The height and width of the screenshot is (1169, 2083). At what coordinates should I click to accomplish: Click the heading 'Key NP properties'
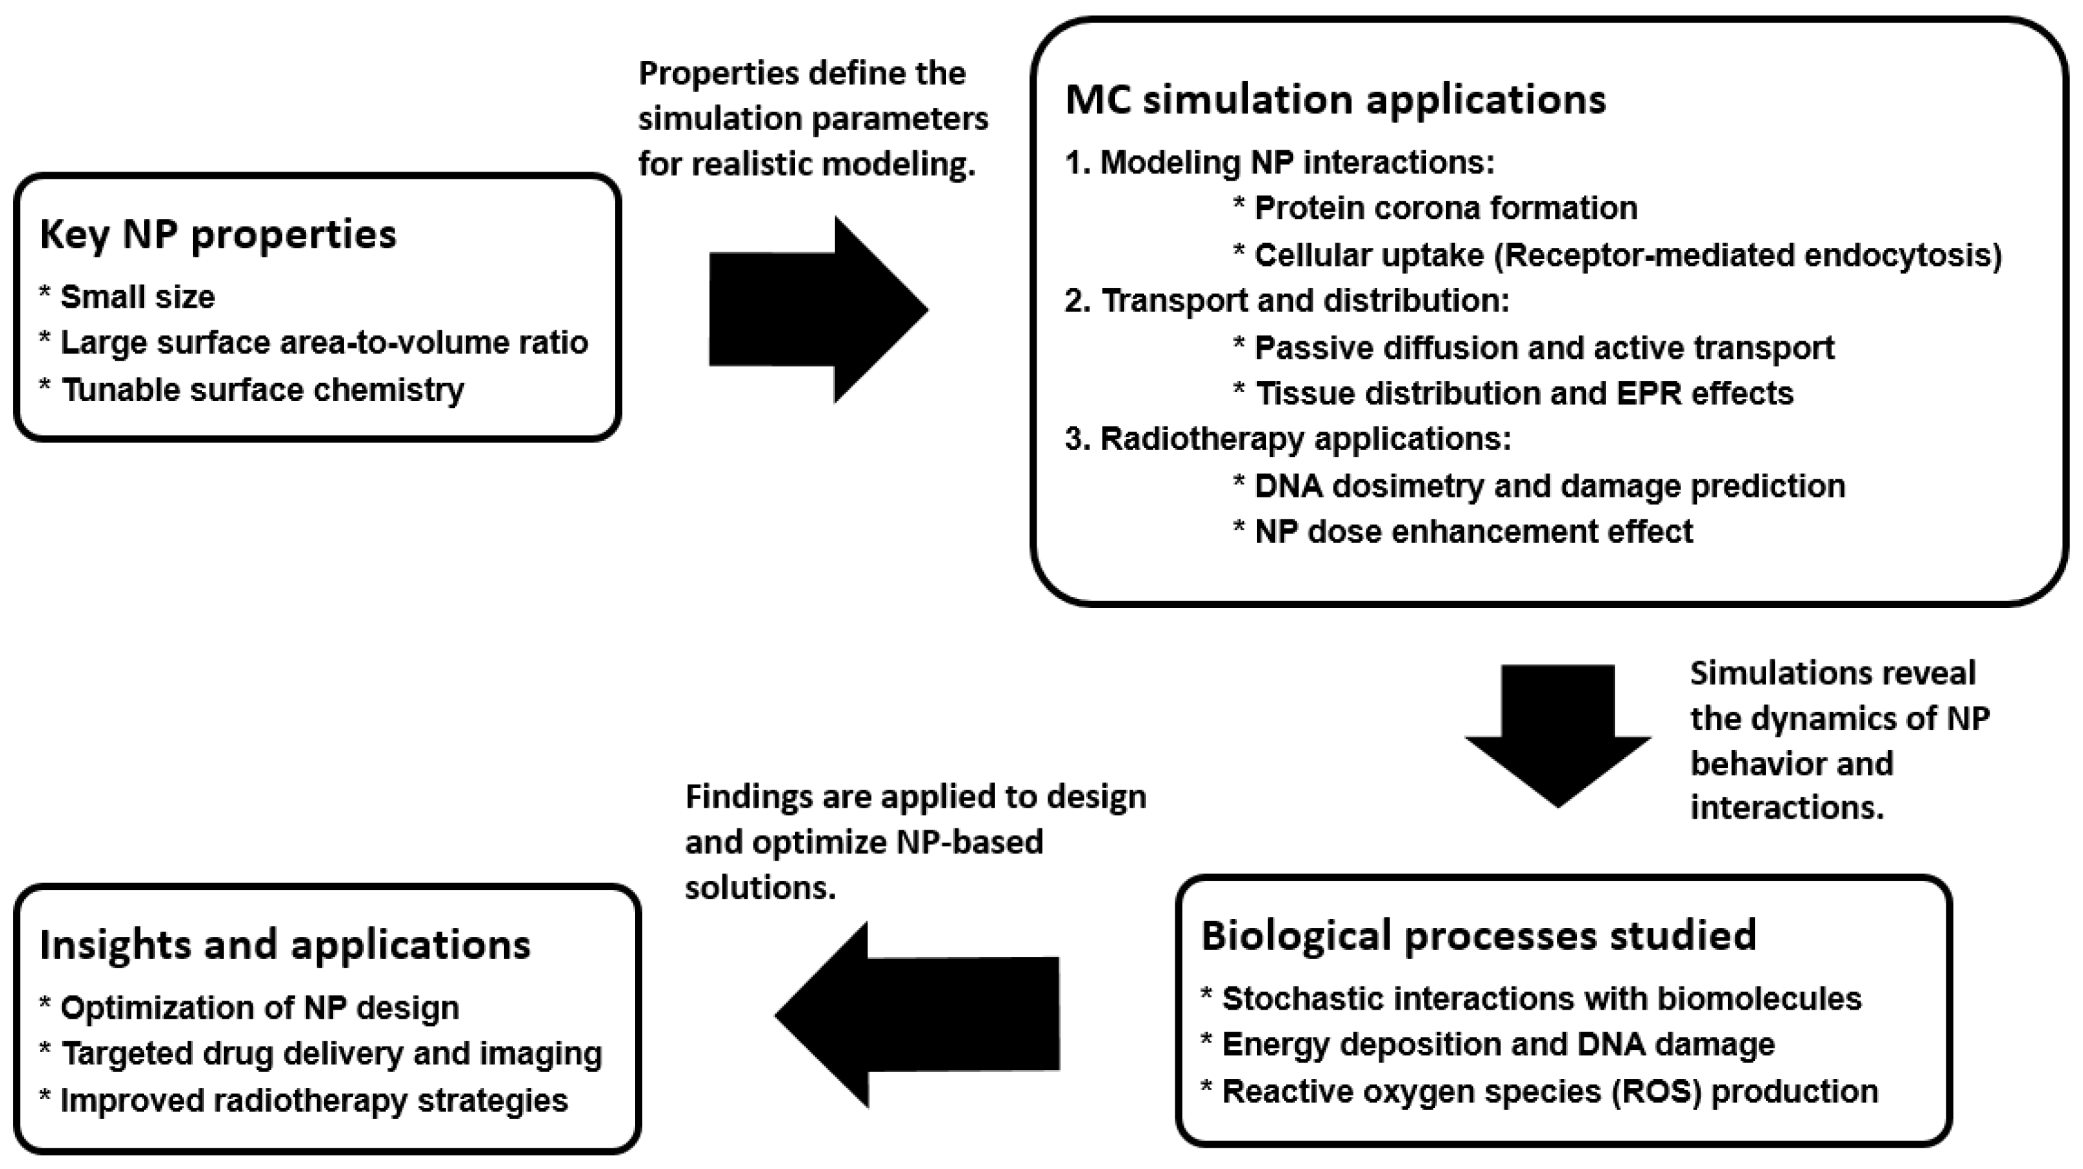tap(218, 235)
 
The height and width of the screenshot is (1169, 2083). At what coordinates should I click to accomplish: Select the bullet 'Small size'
tap(137, 297)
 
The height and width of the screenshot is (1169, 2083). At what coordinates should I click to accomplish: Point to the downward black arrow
tap(1558, 735)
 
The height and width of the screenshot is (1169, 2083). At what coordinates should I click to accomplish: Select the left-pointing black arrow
tap(918, 1015)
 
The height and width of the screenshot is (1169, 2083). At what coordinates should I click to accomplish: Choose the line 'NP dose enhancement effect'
tap(1473, 532)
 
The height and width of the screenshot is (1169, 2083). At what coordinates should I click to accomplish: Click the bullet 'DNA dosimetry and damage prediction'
tap(1548, 486)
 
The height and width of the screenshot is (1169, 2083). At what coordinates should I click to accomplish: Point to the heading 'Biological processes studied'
tap(1478, 936)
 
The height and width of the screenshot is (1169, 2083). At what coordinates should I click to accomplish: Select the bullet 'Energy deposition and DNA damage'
tap(1497, 1045)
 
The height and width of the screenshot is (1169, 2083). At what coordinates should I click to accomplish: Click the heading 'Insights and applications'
tap(284, 945)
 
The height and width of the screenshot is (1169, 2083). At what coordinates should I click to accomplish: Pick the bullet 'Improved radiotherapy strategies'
tap(314, 1101)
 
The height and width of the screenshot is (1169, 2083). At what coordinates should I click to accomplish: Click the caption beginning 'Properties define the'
tap(812, 119)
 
